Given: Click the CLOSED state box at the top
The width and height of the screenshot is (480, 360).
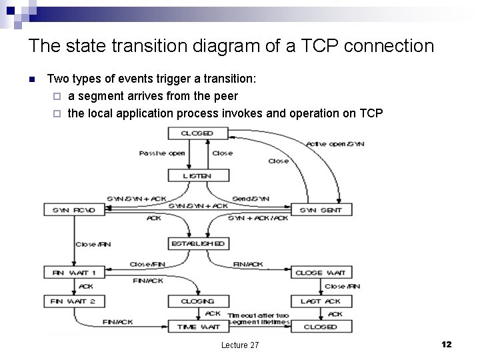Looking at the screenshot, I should [x=198, y=133].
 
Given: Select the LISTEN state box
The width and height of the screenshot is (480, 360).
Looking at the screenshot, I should [x=198, y=176].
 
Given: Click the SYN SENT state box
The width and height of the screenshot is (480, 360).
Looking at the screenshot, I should [x=321, y=210].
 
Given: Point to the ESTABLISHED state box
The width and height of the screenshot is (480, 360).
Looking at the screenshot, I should [x=199, y=244].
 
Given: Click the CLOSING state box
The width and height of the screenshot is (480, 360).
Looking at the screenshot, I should [x=198, y=301].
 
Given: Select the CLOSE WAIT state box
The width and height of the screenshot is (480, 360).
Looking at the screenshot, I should [x=321, y=273].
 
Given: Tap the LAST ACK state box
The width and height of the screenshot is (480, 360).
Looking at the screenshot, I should [x=321, y=301].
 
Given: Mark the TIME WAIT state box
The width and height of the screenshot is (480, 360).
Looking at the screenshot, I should [x=198, y=327].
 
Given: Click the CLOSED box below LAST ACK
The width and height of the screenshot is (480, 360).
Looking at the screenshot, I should [x=321, y=327].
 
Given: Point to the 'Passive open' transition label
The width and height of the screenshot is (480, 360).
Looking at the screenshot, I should [x=162, y=153].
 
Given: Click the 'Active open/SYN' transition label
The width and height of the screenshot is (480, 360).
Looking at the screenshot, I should [x=335, y=144].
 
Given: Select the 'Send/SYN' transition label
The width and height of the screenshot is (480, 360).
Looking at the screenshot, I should [x=251, y=199].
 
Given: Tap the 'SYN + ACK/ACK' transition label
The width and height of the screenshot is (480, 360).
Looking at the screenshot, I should [x=257, y=218].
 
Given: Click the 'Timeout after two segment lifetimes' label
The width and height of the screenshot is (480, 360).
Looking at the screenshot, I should [x=259, y=319].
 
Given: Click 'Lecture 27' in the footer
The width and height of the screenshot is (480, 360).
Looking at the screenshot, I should [x=240, y=345].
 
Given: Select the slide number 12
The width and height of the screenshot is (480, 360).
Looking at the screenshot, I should [x=447, y=344].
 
